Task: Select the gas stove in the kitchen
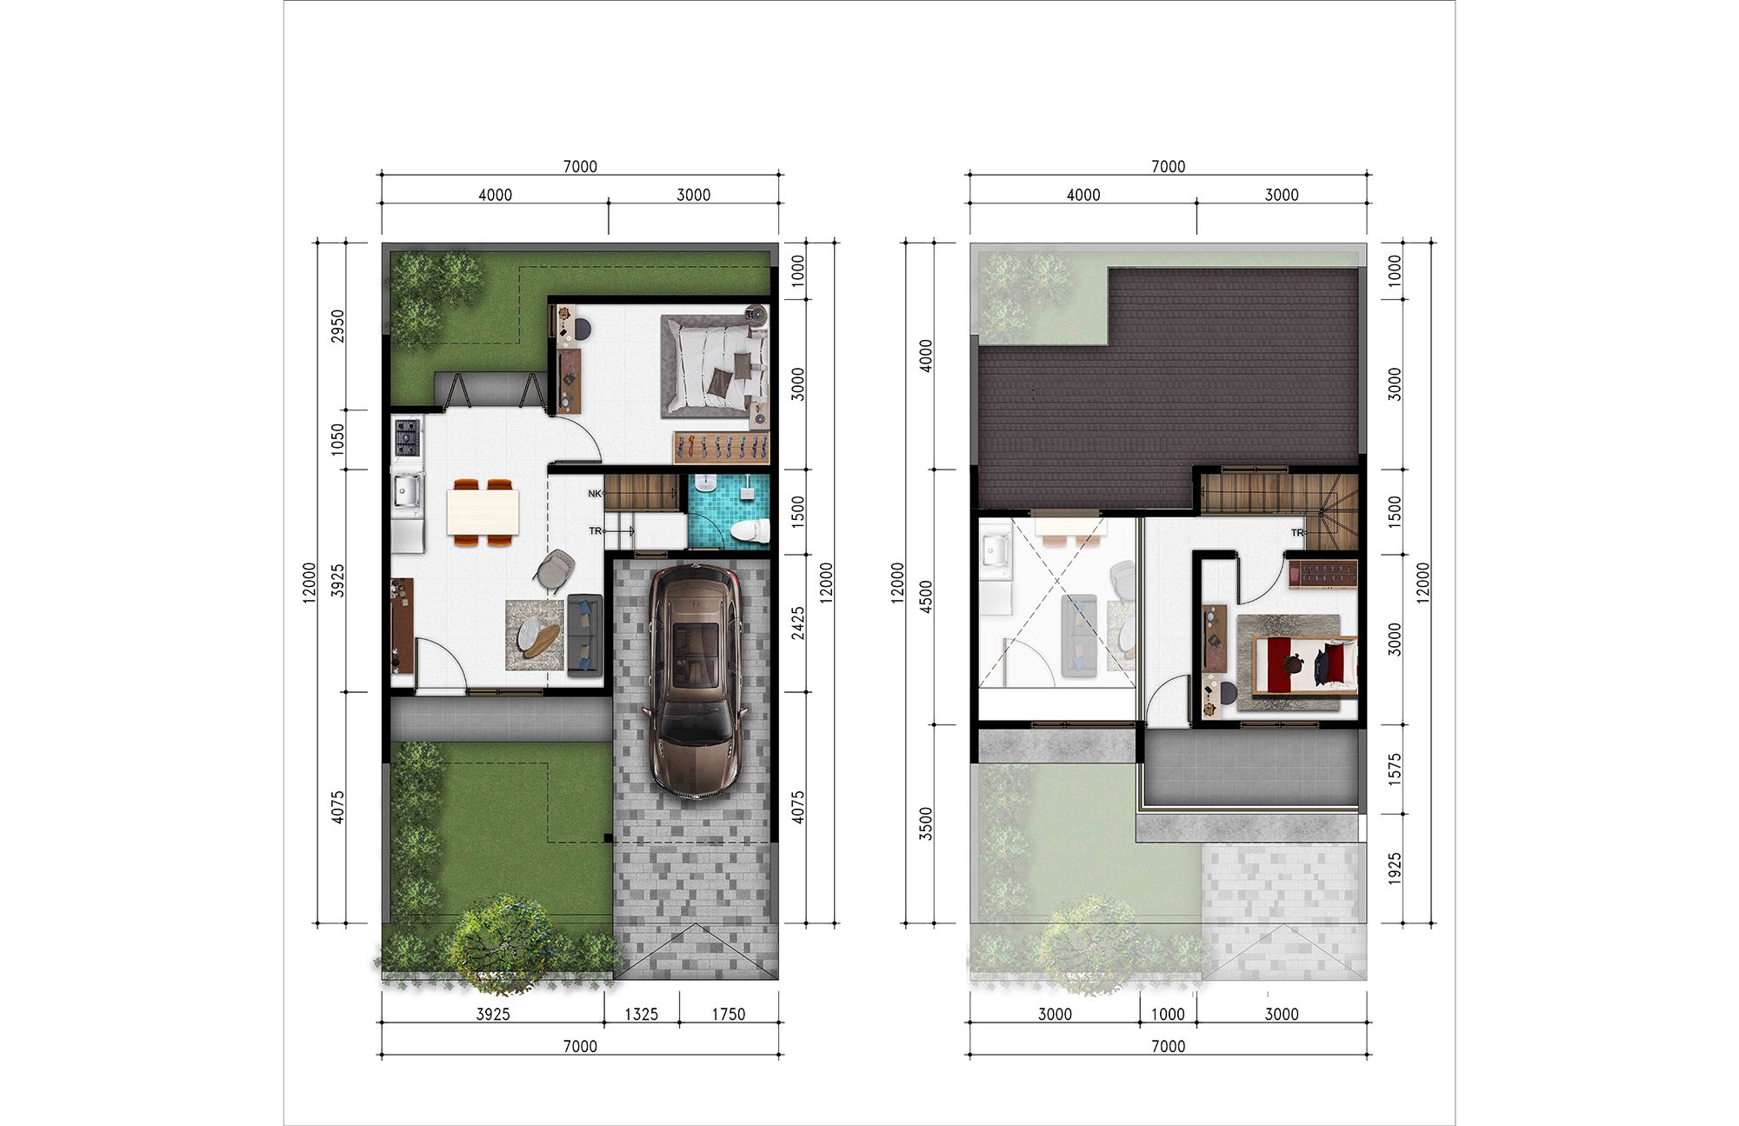tap(407, 437)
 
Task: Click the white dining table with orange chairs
tap(483, 512)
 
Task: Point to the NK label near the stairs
tap(595, 494)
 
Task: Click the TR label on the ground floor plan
tap(595, 531)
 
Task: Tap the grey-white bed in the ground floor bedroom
tap(714, 366)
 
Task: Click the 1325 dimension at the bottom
tap(642, 1015)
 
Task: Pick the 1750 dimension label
tap(729, 1015)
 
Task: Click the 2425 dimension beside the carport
tap(798, 623)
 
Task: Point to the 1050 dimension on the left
tap(338, 439)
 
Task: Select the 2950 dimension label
tap(338, 326)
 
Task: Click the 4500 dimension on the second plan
tap(926, 597)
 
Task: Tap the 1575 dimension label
tap(1395, 770)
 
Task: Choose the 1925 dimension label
tap(1395, 869)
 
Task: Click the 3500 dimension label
tap(926, 823)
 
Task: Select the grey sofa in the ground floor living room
tap(584, 635)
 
